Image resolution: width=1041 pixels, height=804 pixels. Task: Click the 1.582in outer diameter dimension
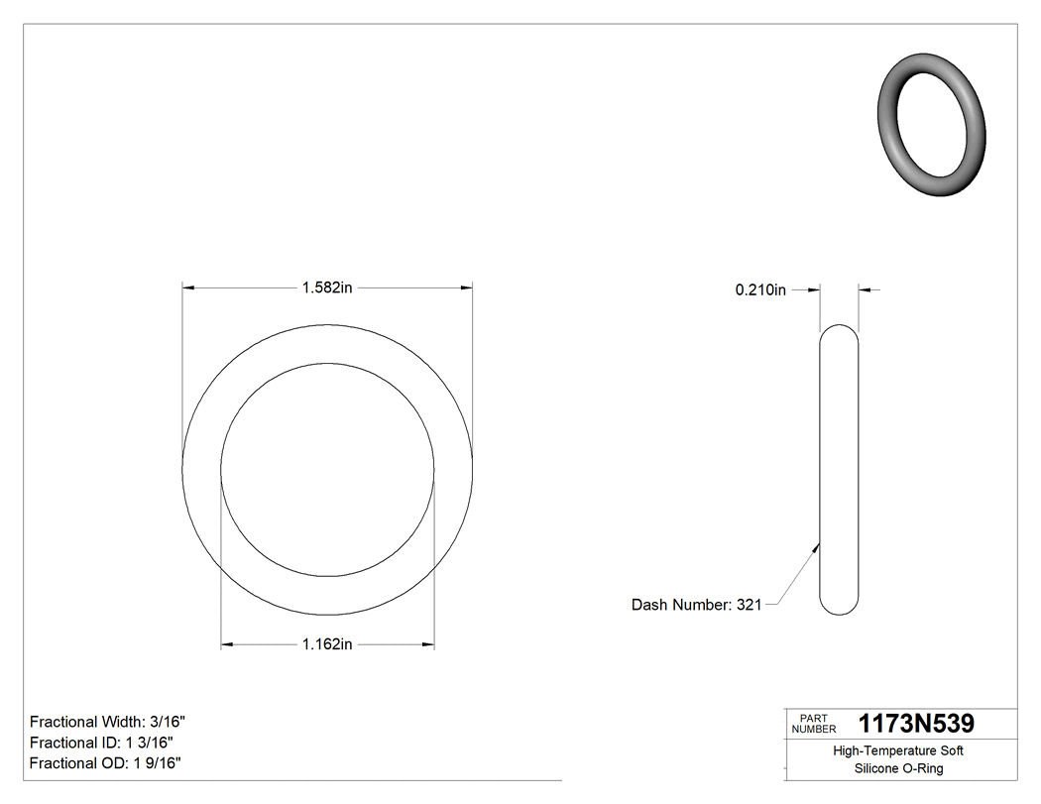click(326, 288)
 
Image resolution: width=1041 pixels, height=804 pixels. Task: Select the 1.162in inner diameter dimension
click(326, 645)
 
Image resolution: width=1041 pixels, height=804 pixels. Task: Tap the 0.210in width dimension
click(759, 289)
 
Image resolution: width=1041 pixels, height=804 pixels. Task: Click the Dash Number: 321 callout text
click(696, 605)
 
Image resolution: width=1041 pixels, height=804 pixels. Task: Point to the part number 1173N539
click(916, 724)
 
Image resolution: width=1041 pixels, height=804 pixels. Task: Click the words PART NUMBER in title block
click(814, 724)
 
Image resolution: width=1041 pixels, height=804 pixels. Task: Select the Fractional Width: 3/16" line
click(108, 722)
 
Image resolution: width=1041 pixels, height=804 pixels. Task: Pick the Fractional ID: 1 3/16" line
click(103, 743)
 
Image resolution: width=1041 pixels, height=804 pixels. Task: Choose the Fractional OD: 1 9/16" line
click(105, 763)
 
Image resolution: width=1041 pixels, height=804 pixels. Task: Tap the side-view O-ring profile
click(839, 471)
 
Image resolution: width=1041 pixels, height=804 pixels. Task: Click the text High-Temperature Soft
click(897, 751)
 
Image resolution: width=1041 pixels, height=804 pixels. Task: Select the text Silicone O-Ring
click(897, 769)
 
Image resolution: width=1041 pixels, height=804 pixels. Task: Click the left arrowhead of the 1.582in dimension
click(188, 288)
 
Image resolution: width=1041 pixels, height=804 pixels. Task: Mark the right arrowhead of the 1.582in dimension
click(465, 288)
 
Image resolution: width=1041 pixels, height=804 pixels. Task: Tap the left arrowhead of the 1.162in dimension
click(227, 645)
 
